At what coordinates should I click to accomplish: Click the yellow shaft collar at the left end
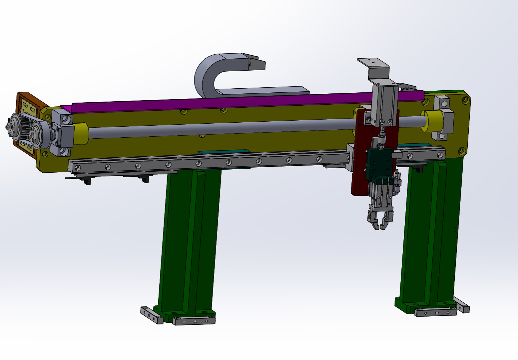80,134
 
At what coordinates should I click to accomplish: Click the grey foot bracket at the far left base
152,315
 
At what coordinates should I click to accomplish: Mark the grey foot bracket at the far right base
461,305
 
